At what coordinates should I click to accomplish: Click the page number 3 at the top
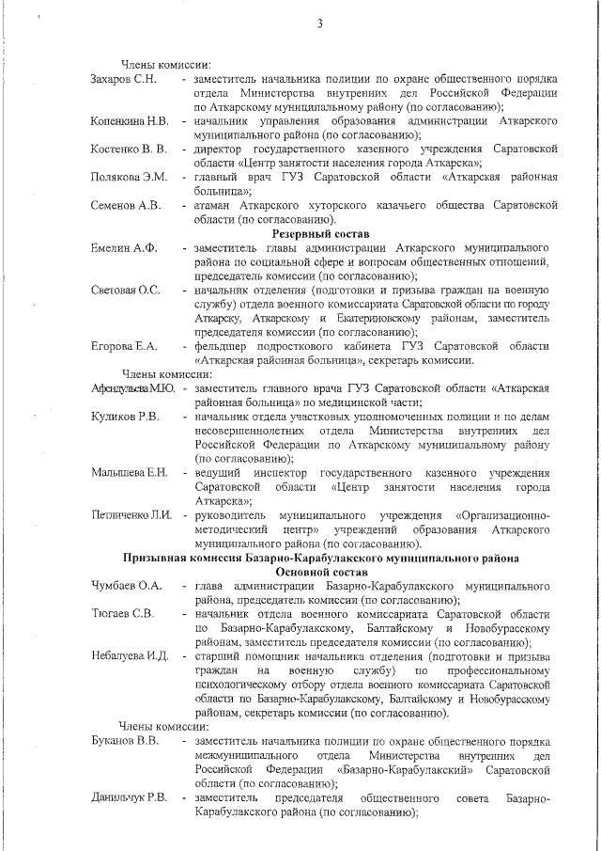coord(319,24)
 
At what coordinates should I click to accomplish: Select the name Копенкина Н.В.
coord(130,121)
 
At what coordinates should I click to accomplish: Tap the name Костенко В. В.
coord(129,150)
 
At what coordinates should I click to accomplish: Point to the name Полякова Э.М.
coord(129,178)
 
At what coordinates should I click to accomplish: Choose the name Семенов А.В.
coord(126,205)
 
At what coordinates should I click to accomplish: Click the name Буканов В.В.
coord(123,742)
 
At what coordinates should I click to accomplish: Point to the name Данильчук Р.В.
coord(130,798)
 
